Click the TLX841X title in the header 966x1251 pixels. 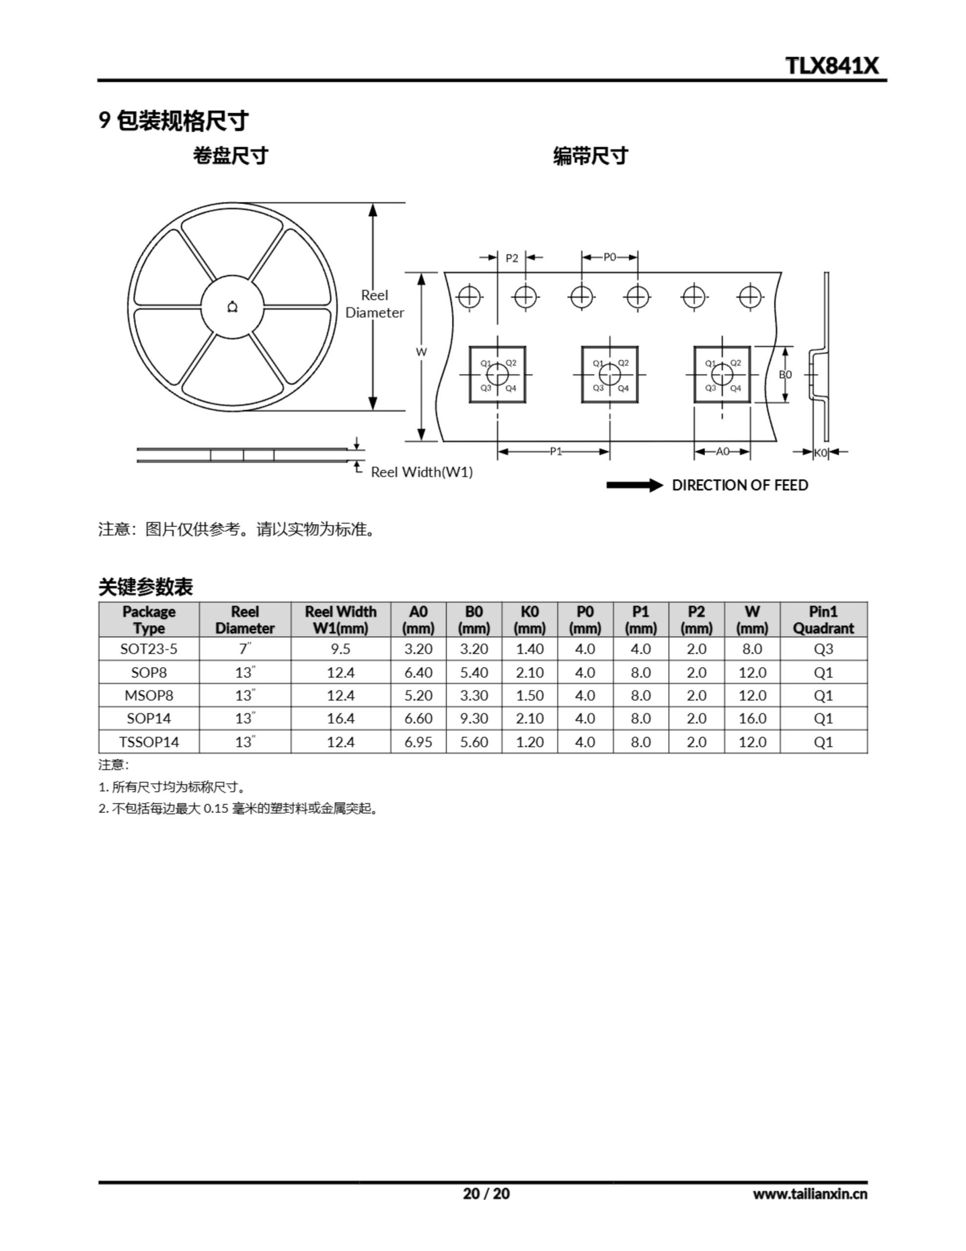(831, 66)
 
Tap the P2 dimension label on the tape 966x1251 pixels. (511, 259)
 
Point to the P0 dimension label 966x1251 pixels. (609, 257)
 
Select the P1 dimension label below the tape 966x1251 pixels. (555, 452)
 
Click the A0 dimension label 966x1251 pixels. (722, 452)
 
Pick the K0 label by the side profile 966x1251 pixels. (820, 453)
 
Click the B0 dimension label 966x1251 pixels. (785, 375)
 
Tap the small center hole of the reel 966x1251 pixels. (232, 307)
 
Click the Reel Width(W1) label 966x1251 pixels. (421, 472)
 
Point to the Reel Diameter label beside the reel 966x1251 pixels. (375, 303)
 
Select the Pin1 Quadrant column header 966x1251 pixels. (823, 620)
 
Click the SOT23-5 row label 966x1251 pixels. (149, 649)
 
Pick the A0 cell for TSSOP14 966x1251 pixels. (418, 742)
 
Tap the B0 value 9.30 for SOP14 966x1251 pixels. (474, 718)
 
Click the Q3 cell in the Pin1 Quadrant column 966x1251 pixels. (823, 649)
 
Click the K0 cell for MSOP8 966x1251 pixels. (529, 695)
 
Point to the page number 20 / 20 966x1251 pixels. (485, 1193)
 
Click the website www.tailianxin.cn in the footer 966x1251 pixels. (810, 1194)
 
